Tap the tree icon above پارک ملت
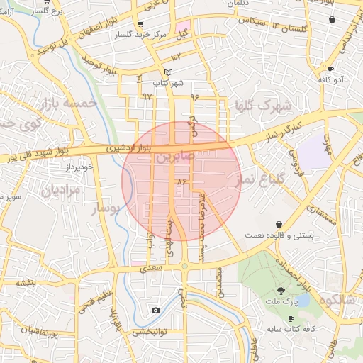point(281,291)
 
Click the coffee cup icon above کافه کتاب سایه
point(291,319)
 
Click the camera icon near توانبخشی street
point(156,311)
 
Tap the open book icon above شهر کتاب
point(168,72)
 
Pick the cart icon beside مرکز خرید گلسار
point(104,33)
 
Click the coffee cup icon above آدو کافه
point(330,69)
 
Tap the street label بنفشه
point(26,282)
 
